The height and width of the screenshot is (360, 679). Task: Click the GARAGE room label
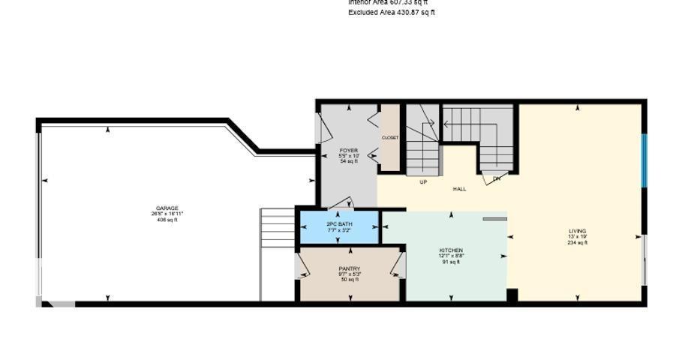click(x=167, y=208)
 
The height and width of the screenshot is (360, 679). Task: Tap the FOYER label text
click(x=348, y=150)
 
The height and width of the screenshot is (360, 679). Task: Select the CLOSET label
click(x=390, y=138)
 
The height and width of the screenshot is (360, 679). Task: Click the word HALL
click(x=459, y=189)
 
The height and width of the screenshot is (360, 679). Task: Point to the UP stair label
click(x=423, y=181)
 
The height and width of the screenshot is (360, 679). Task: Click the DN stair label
click(x=496, y=179)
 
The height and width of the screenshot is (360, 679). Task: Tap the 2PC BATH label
click(x=339, y=224)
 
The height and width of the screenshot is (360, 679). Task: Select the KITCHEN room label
click(x=451, y=250)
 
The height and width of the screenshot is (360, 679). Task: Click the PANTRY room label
click(x=350, y=268)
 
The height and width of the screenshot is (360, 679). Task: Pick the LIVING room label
click(x=577, y=231)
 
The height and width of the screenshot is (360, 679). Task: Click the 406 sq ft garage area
click(x=167, y=220)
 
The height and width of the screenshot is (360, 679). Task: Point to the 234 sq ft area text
click(x=577, y=243)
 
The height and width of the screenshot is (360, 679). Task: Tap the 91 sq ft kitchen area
click(x=451, y=262)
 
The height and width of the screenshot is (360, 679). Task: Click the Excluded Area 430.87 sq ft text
click(x=391, y=13)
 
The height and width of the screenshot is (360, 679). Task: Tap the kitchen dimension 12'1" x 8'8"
click(x=451, y=256)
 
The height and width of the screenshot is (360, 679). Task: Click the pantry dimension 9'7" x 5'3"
click(x=350, y=274)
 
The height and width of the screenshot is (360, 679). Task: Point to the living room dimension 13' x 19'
click(x=577, y=237)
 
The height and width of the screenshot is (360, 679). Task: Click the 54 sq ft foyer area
click(x=348, y=161)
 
